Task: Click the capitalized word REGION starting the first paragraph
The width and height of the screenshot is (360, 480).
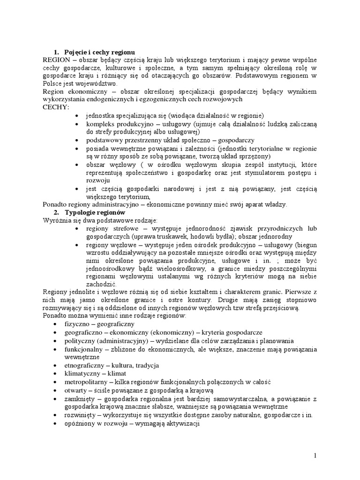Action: [x=56, y=60]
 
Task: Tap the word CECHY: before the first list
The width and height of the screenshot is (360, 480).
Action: [x=55, y=107]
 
